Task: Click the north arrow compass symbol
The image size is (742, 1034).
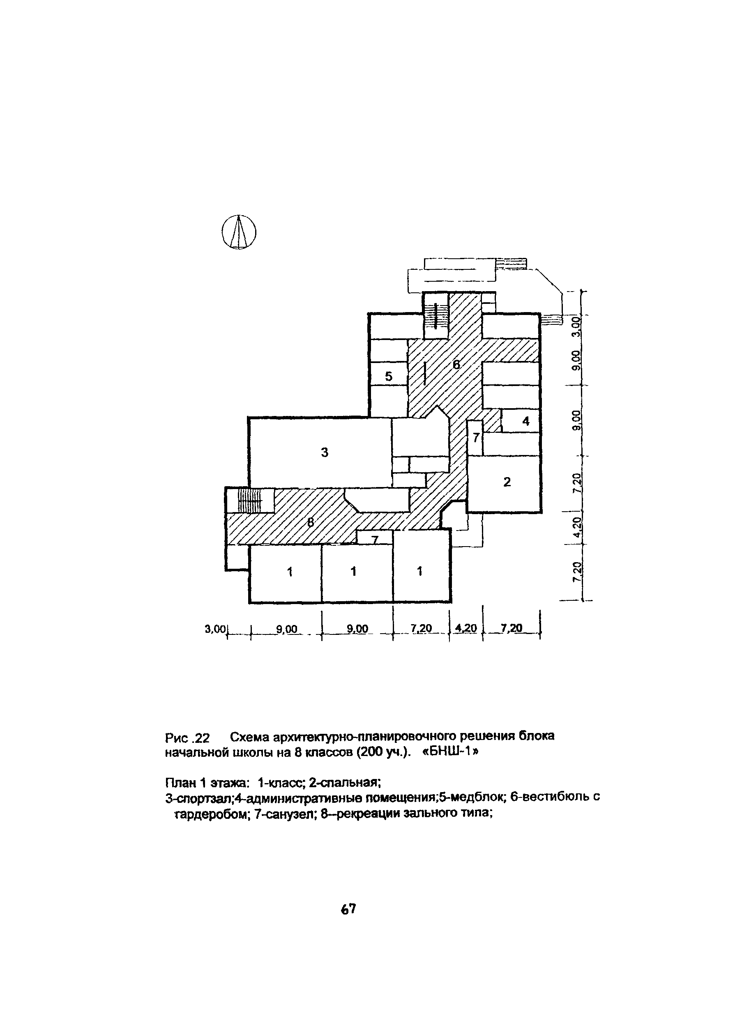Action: click(239, 232)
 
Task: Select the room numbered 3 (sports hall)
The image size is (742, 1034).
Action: click(324, 452)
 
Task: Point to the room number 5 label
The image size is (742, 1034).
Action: click(389, 376)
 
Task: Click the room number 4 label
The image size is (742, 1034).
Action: click(526, 421)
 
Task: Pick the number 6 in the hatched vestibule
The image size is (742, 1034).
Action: click(456, 364)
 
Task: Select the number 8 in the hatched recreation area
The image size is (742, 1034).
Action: click(311, 522)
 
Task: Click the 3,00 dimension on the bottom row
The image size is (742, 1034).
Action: click(215, 629)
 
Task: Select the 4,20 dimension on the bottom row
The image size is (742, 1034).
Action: click(466, 628)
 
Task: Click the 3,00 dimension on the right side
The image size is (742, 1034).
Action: click(577, 326)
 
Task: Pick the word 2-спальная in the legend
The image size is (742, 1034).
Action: click(344, 782)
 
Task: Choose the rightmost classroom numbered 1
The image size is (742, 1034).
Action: click(419, 571)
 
